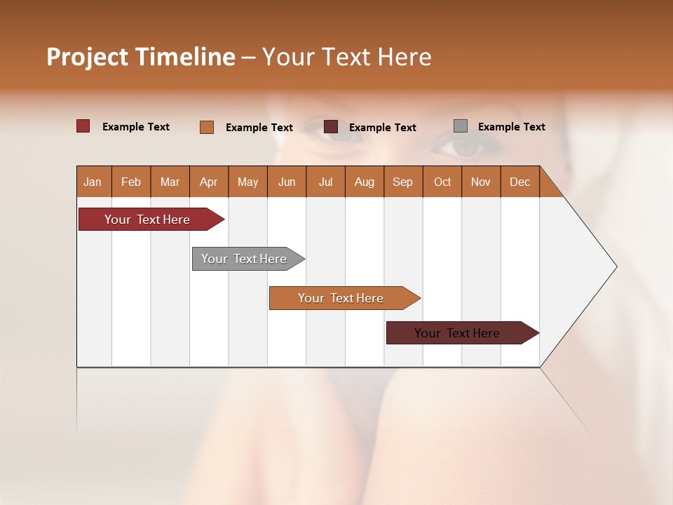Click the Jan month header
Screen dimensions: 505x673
[x=93, y=182]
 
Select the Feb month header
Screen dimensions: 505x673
[x=131, y=182]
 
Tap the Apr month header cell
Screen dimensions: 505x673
[x=209, y=182]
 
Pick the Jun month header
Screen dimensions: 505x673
[x=287, y=182]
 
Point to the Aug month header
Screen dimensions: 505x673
[x=365, y=182]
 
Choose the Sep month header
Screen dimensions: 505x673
[x=403, y=182]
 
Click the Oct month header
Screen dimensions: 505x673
[x=442, y=182]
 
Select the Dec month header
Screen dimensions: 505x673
[x=520, y=182]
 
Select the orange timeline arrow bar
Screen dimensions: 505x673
[x=341, y=298]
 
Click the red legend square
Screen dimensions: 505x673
[x=83, y=126]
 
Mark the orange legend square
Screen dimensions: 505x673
[x=207, y=127]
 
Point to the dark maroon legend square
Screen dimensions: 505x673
[x=331, y=127]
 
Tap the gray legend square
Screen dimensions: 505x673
[x=461, y=126]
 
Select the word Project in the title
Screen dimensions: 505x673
[x=88, y=57]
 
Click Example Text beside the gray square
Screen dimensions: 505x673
[x=511, y=127]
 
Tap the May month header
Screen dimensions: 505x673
[x=247, y=182]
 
